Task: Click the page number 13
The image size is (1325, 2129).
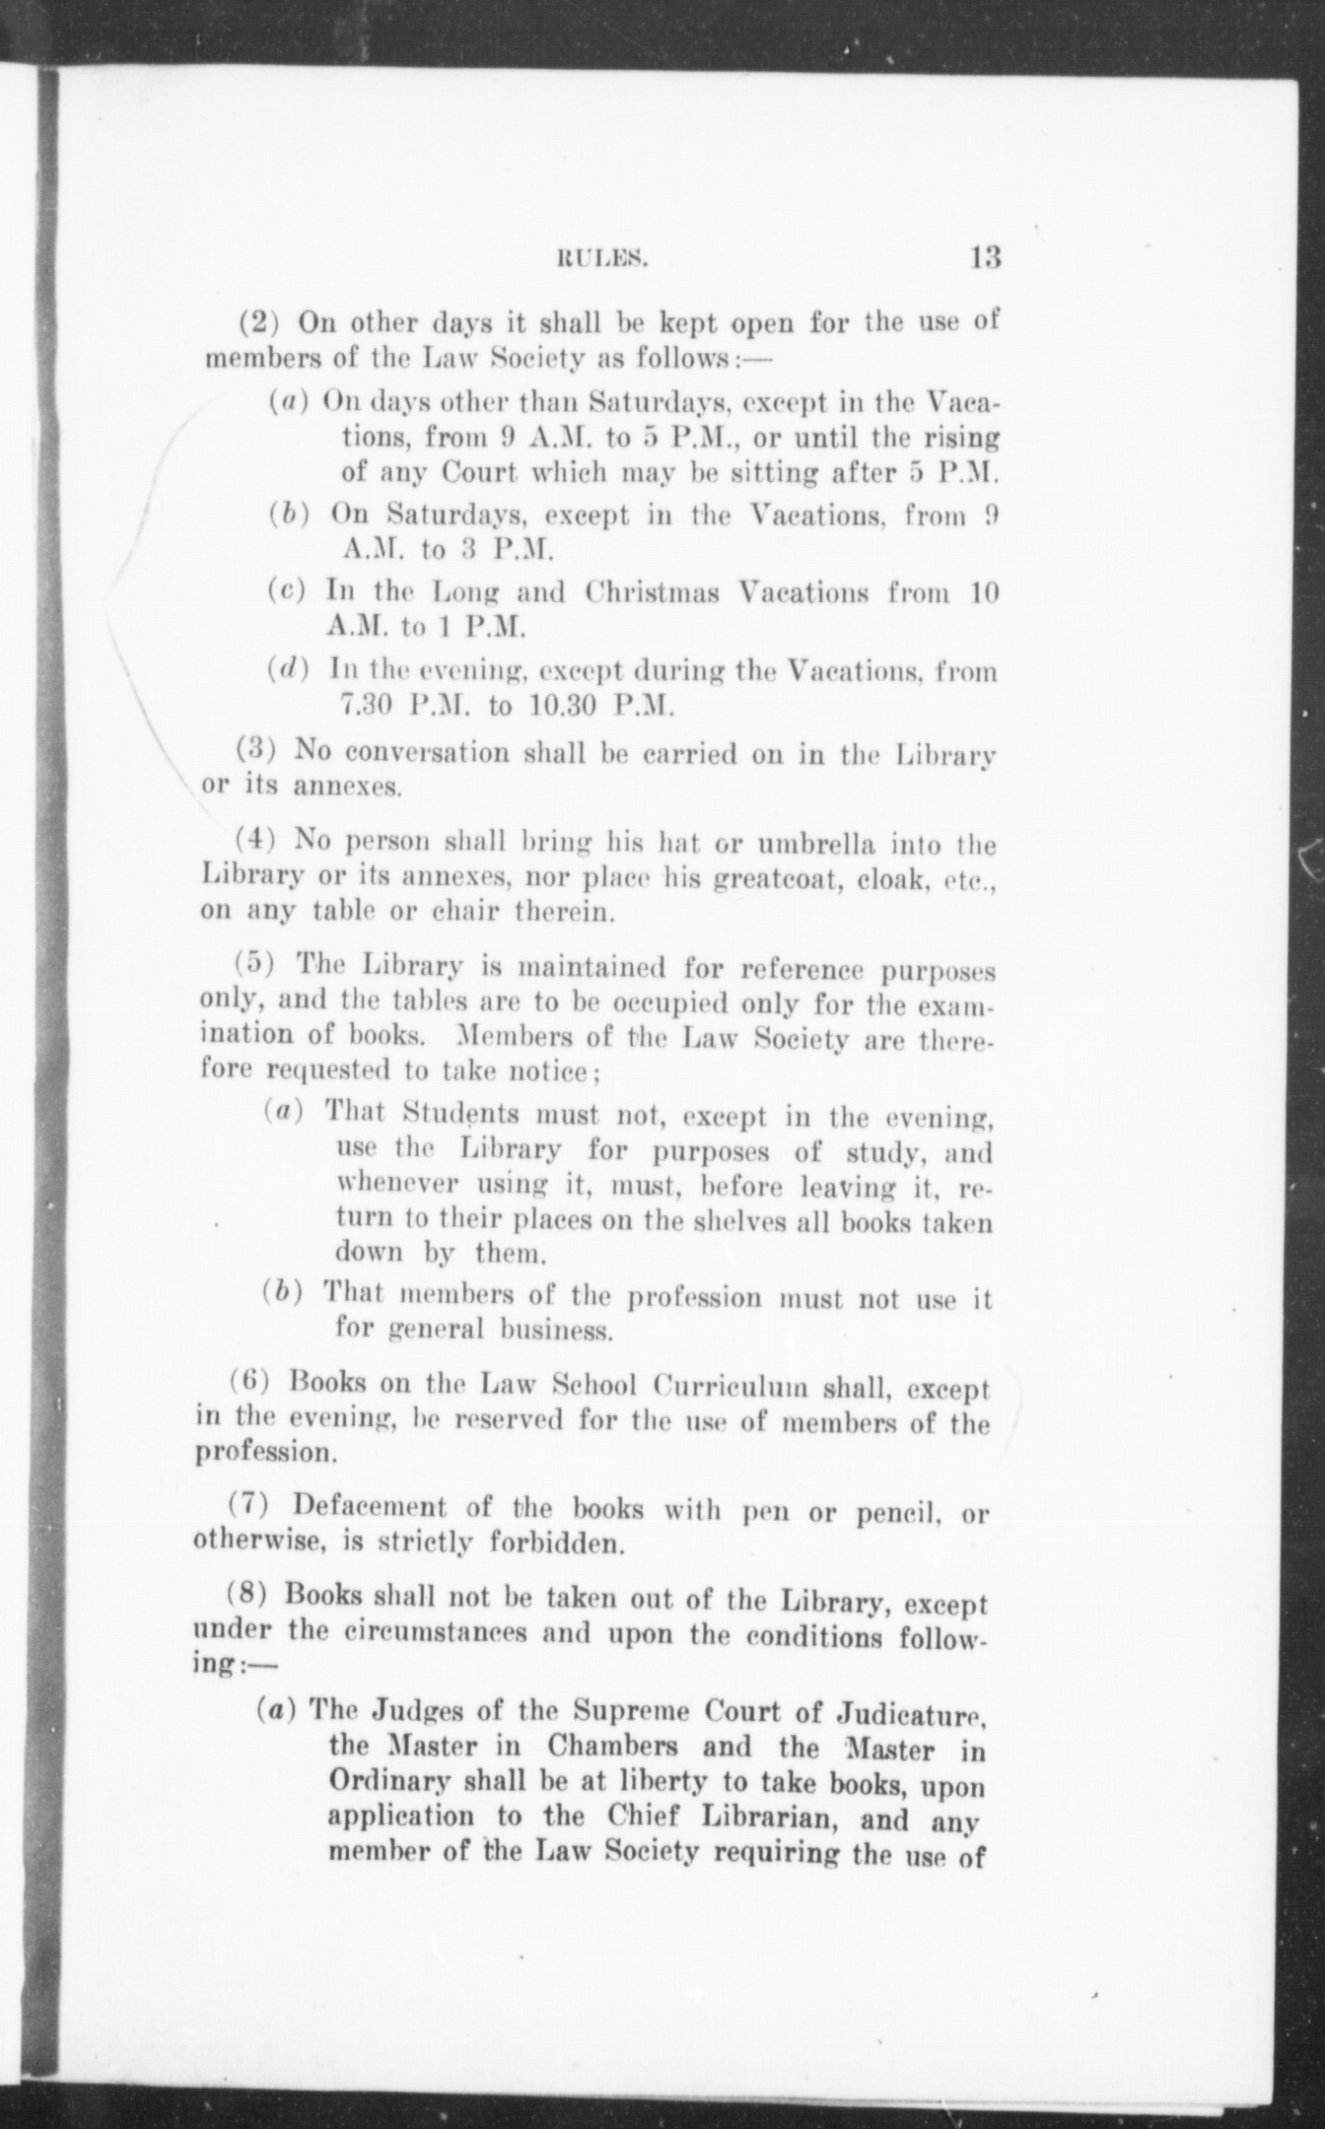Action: point(985,258)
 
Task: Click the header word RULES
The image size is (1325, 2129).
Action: point(601,261)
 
